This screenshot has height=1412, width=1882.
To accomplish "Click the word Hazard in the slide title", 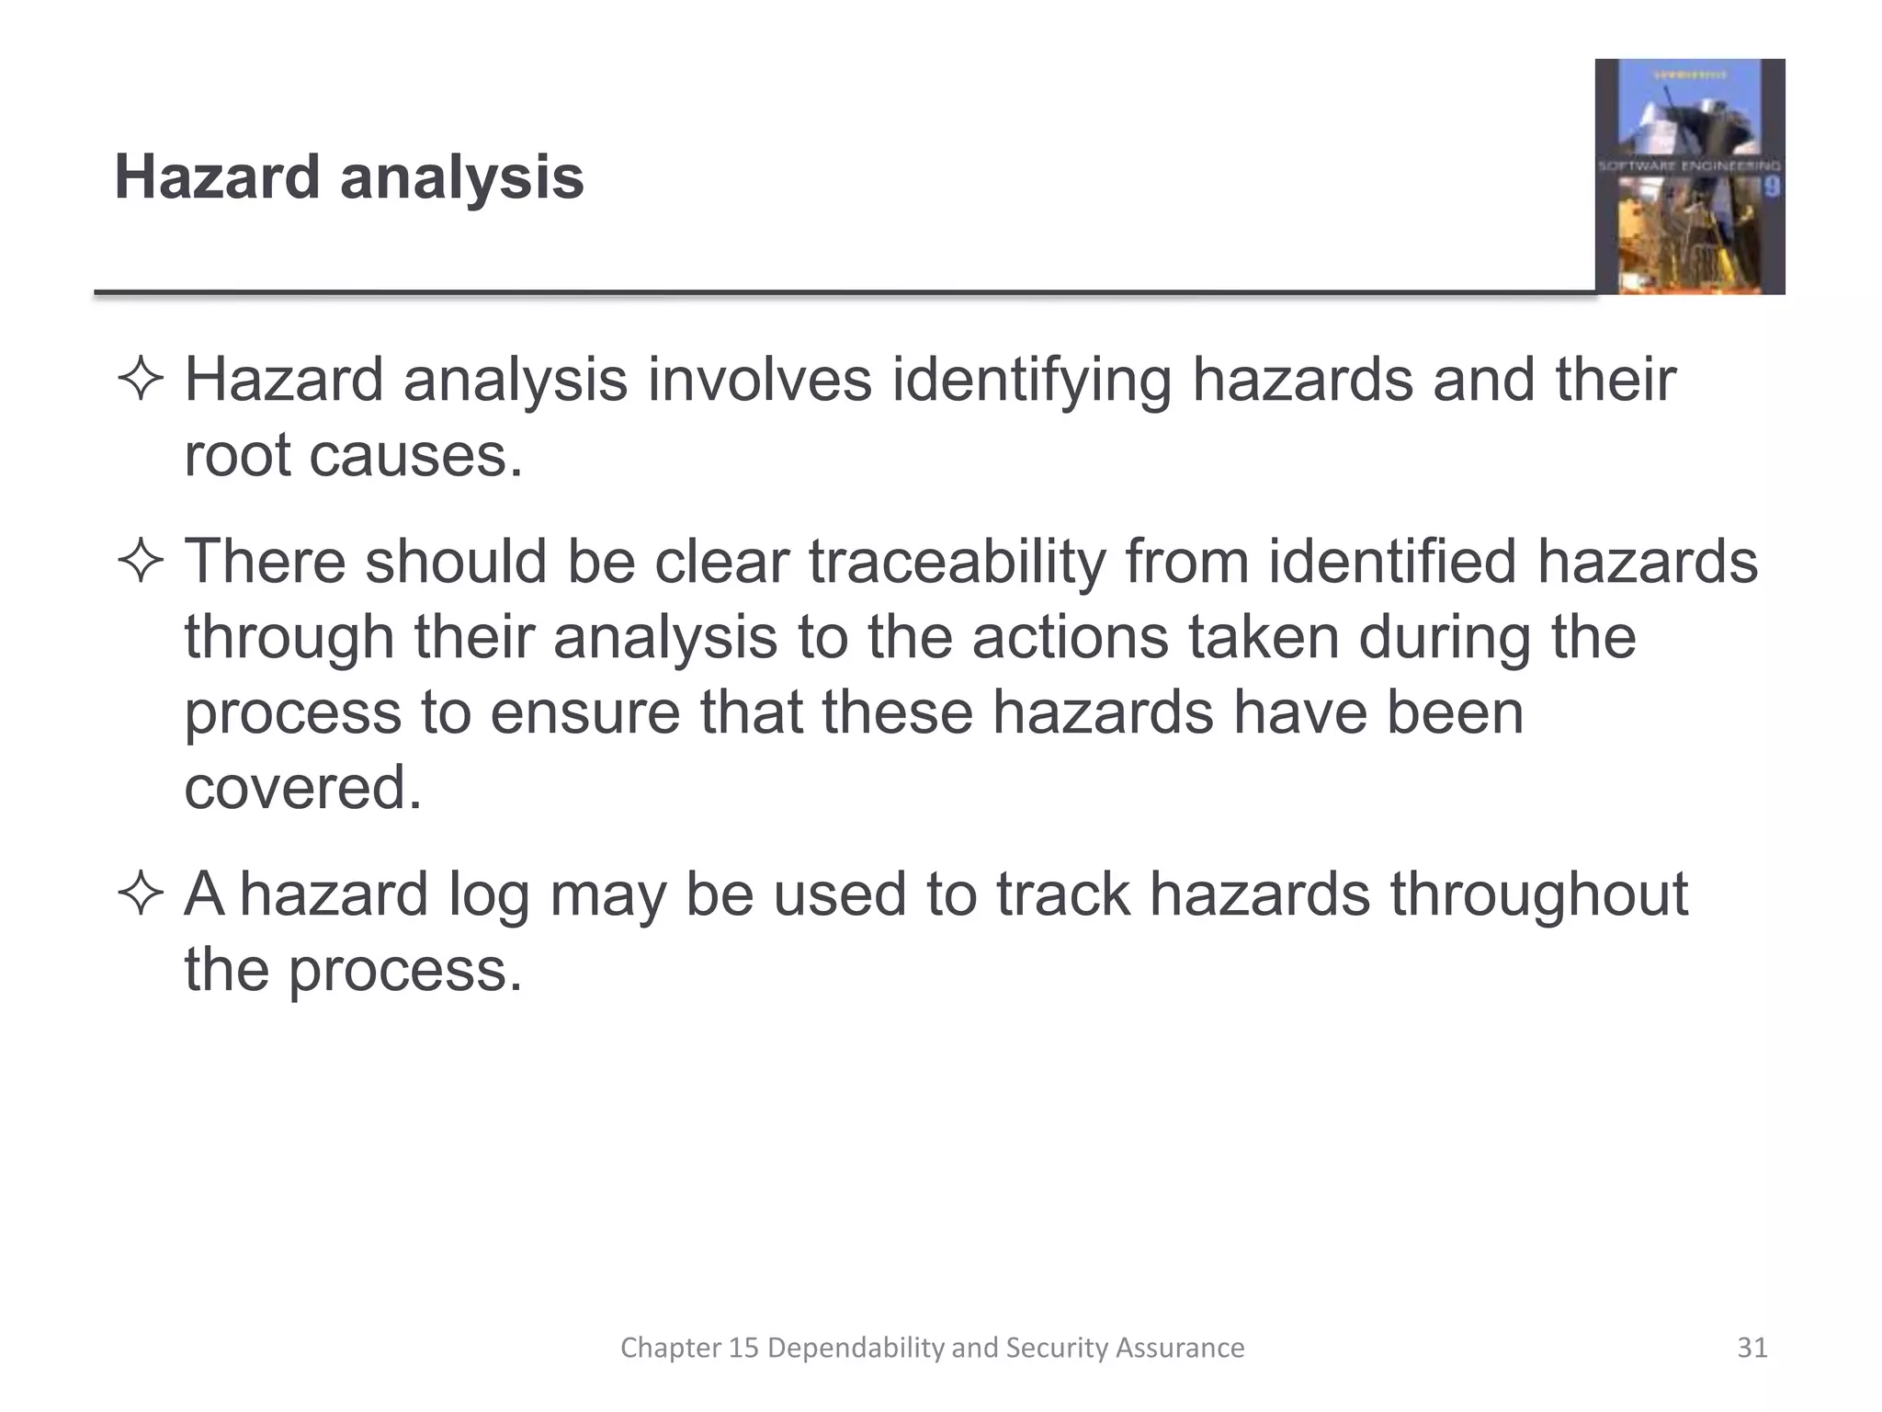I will point(217,176).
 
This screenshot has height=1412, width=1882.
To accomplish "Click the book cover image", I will point(1689,176).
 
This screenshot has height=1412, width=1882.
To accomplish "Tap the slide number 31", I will point(1752,1348).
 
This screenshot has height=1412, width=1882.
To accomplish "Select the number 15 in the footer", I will point(743,1348).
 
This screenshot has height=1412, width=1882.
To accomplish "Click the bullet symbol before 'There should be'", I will point(141,562).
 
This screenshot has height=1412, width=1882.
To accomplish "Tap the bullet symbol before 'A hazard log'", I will point(141,894).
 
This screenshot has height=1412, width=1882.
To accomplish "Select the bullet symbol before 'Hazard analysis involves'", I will point(141,380).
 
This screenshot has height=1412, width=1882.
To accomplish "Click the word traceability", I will point(958,562).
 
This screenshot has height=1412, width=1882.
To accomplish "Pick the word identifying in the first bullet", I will point(1031,380).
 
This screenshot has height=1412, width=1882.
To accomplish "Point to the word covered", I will point(302,788).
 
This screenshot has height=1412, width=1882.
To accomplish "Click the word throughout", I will point(1539,894).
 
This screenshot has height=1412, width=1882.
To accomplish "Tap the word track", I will point(1063,894).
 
